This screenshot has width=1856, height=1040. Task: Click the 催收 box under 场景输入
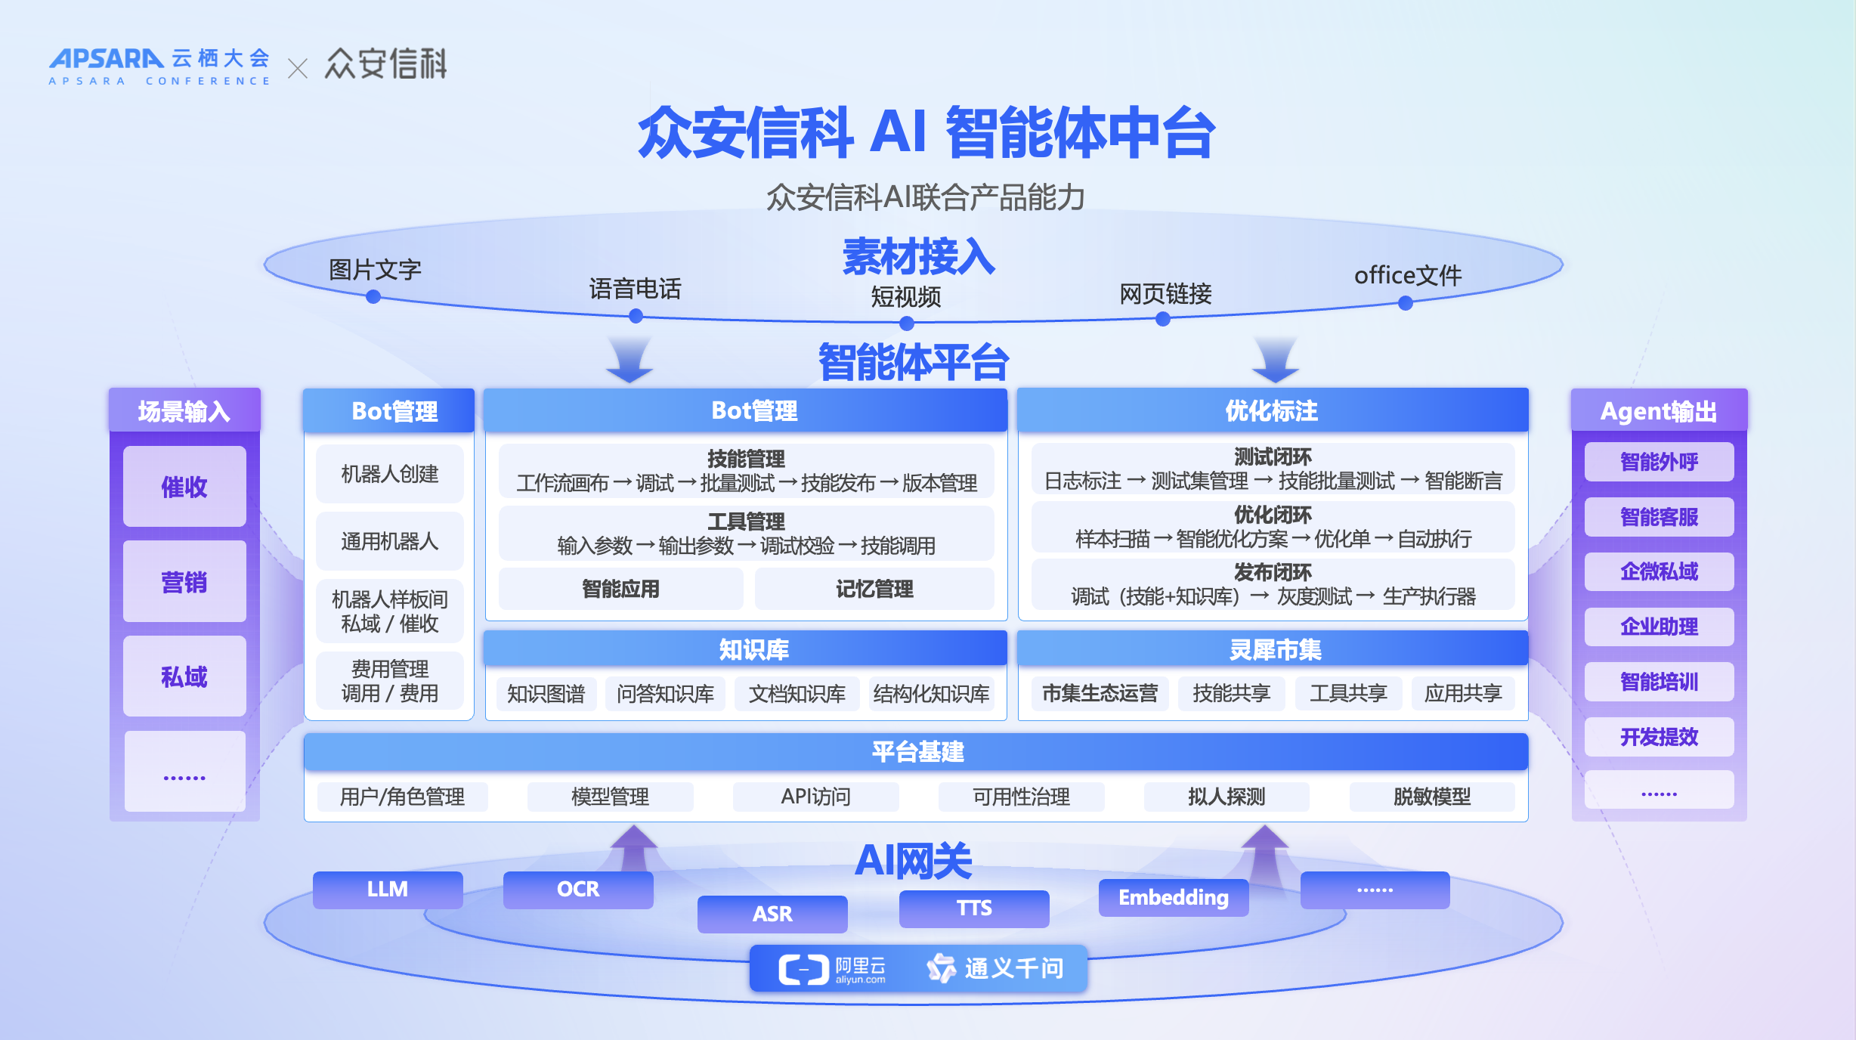point(184,486)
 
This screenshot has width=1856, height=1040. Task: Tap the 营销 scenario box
point(184,581)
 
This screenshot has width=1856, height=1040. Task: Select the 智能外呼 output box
point(1659,461)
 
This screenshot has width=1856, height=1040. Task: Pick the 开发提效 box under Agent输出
point(1659,736)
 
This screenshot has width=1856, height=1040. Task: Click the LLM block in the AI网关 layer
point(388,890)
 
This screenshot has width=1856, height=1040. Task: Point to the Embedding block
point(1173,897)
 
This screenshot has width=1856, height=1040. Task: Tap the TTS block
point(973,908)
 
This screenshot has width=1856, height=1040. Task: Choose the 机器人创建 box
point(389,474)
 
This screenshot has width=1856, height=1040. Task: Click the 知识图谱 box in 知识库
point(546,694)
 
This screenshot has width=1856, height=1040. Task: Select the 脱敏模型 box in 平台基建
point(1431,797)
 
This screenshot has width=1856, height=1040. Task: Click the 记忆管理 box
point(874,589)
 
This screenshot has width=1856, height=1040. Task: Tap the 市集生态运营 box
point(1100,693)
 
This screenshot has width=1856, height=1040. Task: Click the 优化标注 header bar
point(1272,410)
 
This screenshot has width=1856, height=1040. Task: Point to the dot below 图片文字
point(373,297)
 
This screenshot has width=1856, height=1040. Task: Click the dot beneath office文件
point(1406,303)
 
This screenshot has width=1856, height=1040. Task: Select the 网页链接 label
point(1165,293)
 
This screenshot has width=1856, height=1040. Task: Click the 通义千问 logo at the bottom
point(995,968)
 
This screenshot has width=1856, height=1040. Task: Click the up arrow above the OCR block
point(633,847)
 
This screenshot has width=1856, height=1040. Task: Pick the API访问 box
point(815,797)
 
